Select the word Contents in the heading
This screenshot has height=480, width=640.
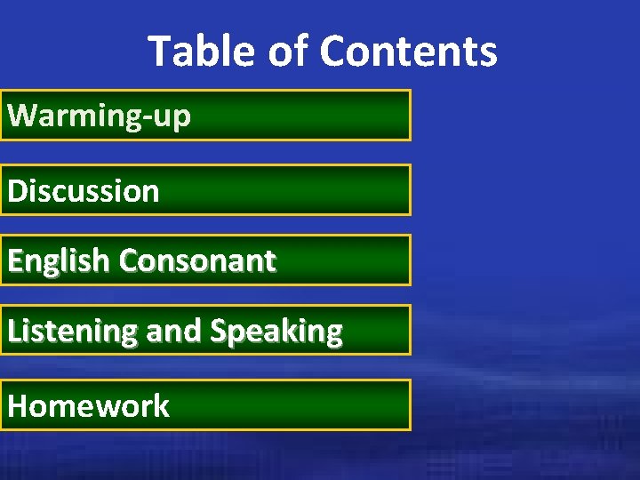coord(408,52)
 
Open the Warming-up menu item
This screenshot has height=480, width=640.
coord(99,116)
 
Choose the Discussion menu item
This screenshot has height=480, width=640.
coord(84,191)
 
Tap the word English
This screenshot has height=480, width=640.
coord(59,261)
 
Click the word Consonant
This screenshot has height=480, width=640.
coord(197,261)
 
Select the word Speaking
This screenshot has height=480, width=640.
coord(276,332)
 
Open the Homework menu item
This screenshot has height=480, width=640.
coord(88,406)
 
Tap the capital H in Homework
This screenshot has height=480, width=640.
coord(18,406)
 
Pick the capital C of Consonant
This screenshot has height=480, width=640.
coord(129,261)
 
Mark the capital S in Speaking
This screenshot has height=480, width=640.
coord(219,332)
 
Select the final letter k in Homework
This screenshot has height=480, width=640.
coord(160,406)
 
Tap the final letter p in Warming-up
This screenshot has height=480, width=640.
coord(180,119)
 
